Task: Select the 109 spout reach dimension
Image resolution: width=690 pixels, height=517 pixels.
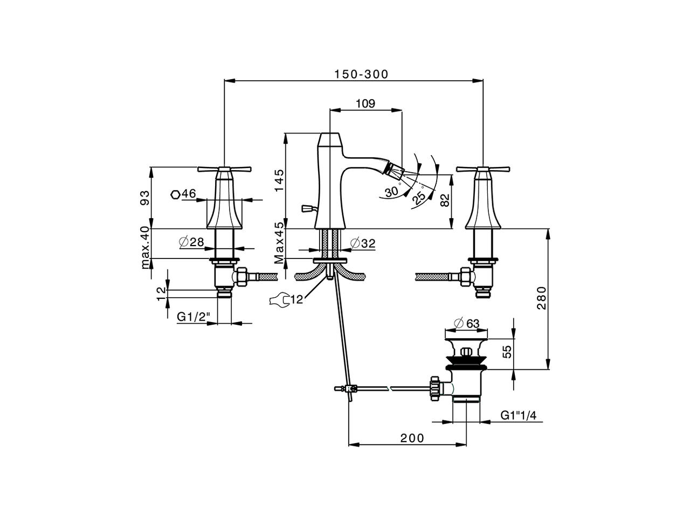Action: point(365,103)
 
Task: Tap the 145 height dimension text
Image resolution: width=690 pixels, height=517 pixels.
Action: point(278,180)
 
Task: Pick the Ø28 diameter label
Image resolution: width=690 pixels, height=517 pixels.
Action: point(191,242)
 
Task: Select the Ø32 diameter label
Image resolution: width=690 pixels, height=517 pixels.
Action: point(362,243)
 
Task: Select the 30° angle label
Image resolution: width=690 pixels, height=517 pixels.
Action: point(392,191)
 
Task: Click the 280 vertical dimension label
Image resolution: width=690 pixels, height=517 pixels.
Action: point(542,299)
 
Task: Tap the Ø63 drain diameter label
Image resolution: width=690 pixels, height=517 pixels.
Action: point(467,324)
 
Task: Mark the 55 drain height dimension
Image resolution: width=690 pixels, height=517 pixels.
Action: point(506,353)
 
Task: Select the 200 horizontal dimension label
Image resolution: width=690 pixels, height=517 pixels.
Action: point(412,438)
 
